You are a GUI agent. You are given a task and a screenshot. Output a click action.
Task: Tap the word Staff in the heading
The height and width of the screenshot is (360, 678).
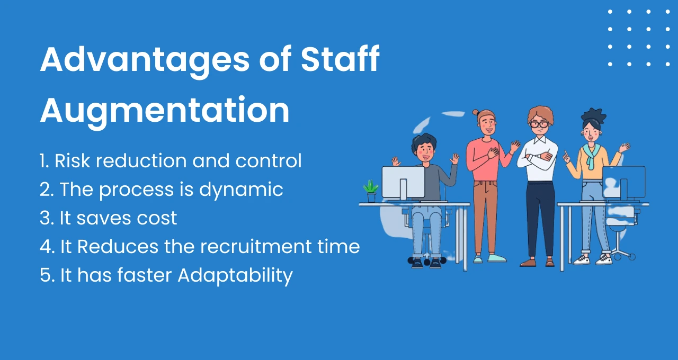pyautogui.click(x=340, y=59)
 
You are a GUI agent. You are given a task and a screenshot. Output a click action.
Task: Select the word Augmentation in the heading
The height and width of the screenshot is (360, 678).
pyautogui.click(x=165, y=110)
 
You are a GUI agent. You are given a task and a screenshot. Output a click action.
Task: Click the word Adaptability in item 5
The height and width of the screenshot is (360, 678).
pyautogui.click(x=235, y=275)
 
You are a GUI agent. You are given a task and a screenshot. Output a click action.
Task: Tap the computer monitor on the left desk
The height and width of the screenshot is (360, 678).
pyautogui.click(x=403, y=182)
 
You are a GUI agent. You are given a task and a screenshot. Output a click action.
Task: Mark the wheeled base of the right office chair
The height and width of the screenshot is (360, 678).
pyautogui.click(x=619, y=254)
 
